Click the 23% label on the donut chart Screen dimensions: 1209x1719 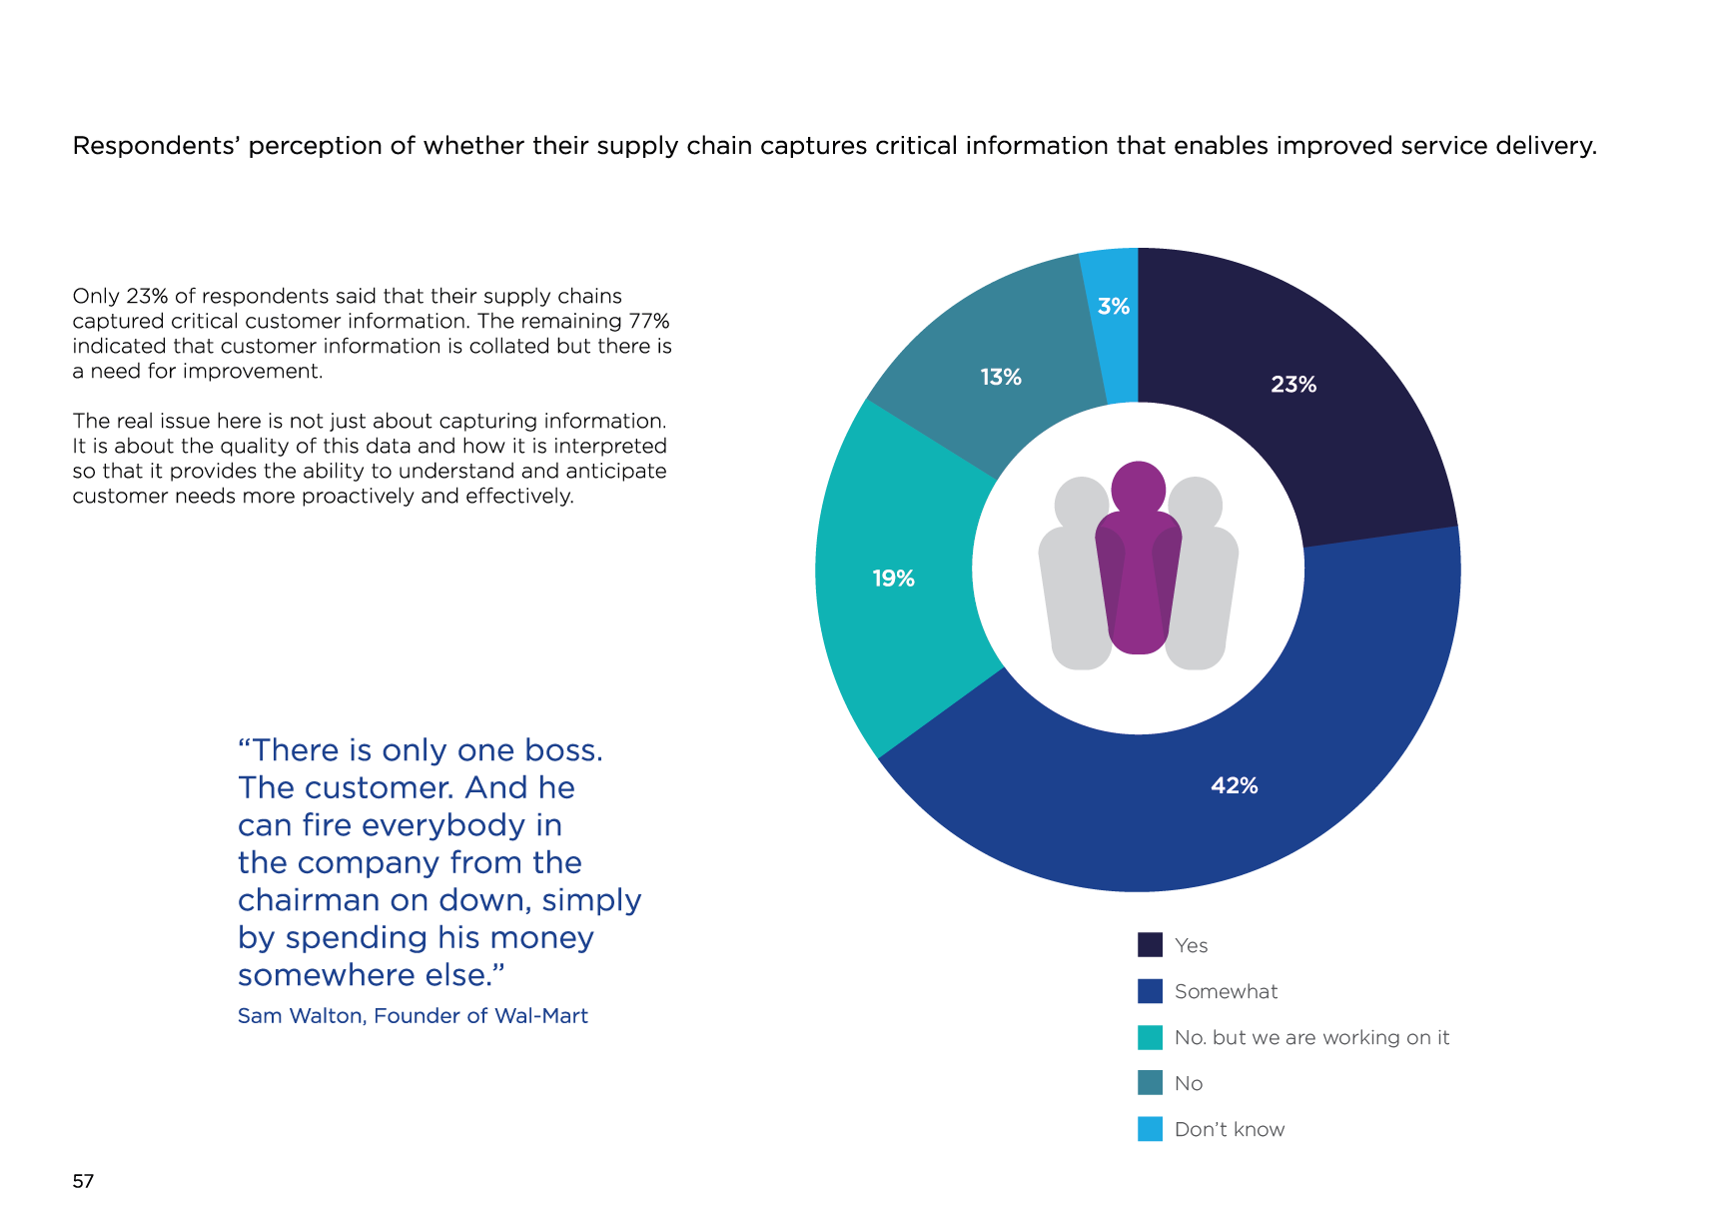coord(1292,385)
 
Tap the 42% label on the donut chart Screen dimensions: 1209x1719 coord(1234,786)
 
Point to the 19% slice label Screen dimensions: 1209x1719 coord(893,579)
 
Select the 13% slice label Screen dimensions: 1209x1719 coord(1000,378)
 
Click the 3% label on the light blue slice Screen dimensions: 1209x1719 coord(1113,307)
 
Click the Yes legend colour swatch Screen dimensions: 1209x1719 coord(1150,945)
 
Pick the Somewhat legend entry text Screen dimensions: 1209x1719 coord(1226,991)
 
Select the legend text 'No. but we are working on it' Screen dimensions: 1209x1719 coord(1311,1037)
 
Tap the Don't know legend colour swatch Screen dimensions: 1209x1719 coord(1150,1129)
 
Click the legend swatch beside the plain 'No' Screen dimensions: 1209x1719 coord(1150,1083)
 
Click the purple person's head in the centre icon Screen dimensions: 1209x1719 coord(1138,488)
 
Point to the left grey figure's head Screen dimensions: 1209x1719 coord(1080,502)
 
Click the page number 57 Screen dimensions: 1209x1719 coord(83,1181)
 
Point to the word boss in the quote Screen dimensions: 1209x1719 coord(563,750)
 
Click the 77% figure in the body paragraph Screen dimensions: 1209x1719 coord(648,321)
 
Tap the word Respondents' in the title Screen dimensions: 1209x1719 coord(155,146)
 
